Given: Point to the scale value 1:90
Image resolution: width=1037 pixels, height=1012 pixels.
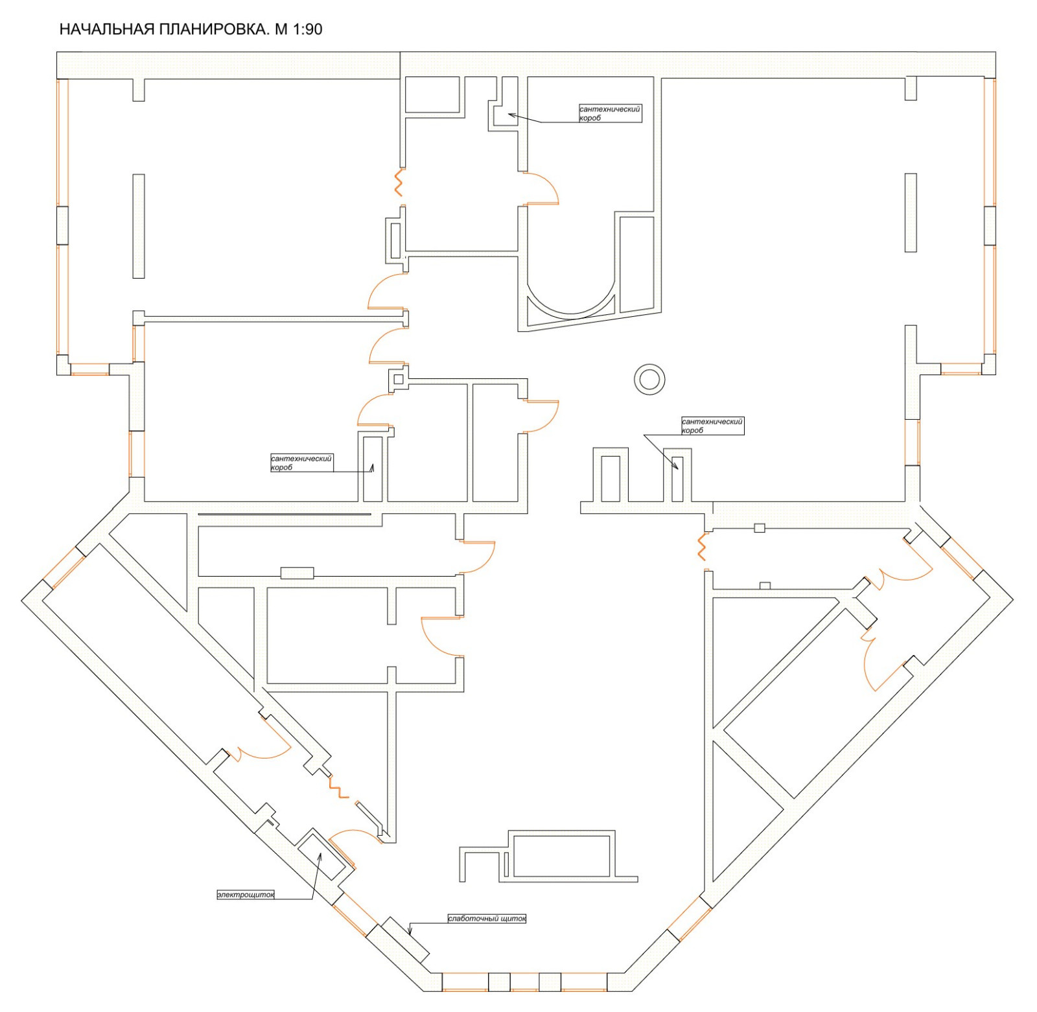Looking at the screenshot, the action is (x=308, y=29).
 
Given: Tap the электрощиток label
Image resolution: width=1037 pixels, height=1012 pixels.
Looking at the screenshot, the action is (x=246, y=895).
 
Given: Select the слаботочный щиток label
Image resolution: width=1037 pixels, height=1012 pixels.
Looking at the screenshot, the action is (x=487, y=918).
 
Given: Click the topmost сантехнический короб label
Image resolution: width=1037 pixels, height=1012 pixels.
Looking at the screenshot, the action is (x=610, y=113).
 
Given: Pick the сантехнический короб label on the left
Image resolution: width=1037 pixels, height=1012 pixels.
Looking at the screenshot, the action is (x=301, y=463).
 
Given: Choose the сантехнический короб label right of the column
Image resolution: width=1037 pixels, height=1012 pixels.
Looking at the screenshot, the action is (x=712, y=426).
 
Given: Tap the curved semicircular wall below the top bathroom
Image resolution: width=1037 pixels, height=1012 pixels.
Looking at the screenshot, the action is (x=570, y=313).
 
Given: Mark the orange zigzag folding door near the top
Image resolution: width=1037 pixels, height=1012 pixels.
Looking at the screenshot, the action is (x=399, y=182).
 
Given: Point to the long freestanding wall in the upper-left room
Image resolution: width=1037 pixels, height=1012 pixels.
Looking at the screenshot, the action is (x=138, y=225).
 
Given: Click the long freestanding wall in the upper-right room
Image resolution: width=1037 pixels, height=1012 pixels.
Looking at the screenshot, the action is (x=911, y=212).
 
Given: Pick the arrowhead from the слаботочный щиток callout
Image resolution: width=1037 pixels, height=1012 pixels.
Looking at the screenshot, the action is (x=410, y=932).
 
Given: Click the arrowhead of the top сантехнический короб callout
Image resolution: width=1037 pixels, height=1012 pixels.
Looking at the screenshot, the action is (x=511, y=115).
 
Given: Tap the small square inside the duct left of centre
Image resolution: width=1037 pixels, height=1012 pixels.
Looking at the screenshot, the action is (x=399, y=379).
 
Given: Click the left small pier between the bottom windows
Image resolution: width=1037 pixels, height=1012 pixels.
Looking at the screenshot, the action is (x=499, y=982).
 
